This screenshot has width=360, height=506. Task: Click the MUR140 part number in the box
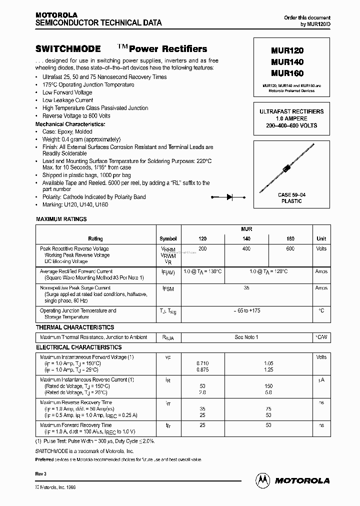(x=287, y=62)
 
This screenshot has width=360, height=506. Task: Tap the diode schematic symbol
(x=230, y=197)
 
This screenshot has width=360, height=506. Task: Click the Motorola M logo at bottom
(x=263, y=480)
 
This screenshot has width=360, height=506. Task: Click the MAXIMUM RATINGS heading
(x=61, y=219)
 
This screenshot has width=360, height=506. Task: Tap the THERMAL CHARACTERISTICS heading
(x=75, y=327)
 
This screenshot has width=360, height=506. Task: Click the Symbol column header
(x=168, y=239)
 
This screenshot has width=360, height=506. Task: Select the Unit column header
(x=321, y=239)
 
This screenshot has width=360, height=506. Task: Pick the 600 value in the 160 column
(x=290, y=248)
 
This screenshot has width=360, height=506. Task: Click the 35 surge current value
(x=246, y=288)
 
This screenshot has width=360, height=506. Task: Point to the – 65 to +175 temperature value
(x=246, y=310)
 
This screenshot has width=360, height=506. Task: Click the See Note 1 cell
(x=246, y=337)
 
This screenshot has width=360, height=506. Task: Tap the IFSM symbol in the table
(x=168, y=289)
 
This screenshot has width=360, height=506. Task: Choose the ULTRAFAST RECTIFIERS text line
(x=291, y=111)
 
